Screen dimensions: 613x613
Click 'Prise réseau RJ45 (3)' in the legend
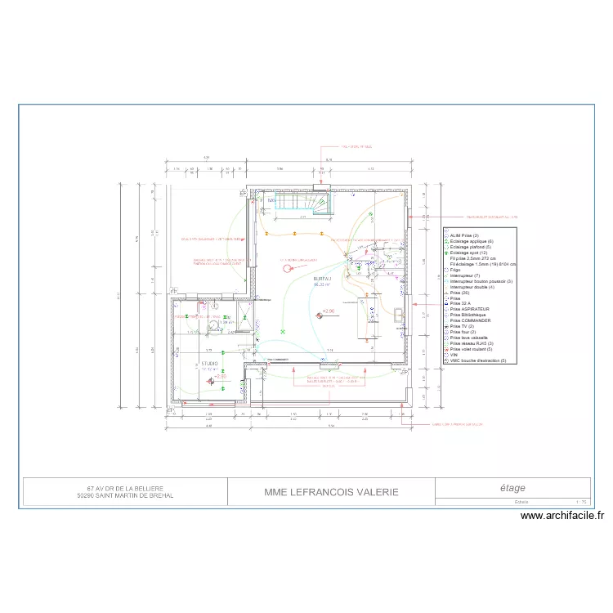point(471,343)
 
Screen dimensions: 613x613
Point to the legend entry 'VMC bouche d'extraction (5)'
point(478,360)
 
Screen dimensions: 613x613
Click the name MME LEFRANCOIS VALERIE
point(332,492)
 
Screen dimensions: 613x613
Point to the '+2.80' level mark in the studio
point(221,376)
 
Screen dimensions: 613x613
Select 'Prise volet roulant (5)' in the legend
point(472,349)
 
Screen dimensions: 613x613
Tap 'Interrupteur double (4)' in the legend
point(472,287)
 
